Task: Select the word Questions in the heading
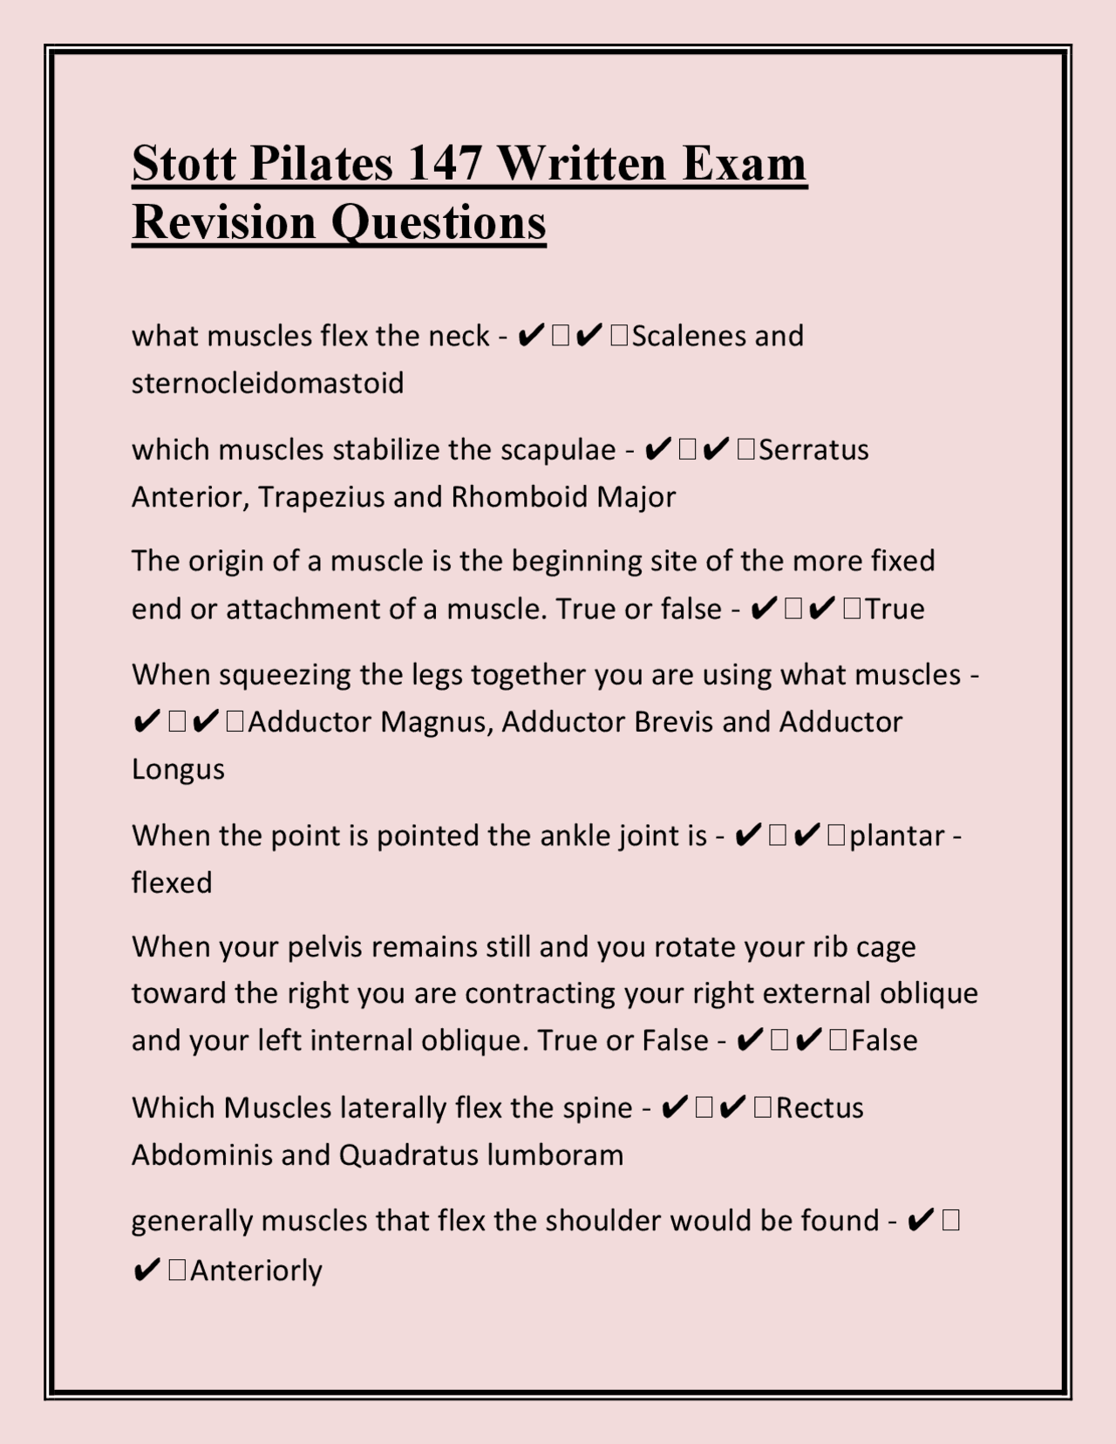pos(438,221)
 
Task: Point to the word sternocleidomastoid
pos(268,383)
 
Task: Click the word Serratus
pos(813,450)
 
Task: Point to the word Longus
pos(178,769)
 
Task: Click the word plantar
pos(896,836)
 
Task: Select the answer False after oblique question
pos(884,1040)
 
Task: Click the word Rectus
pos(820,1108)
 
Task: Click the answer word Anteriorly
pos(255,1270)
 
